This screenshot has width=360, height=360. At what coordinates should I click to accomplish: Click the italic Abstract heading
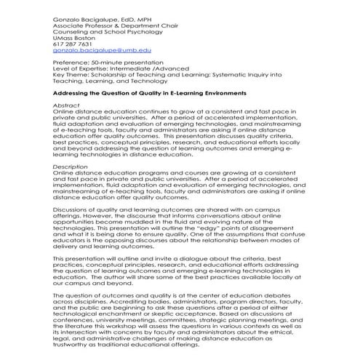pyautogui.click(x=66, y=105)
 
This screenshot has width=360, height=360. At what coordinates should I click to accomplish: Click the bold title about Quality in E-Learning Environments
pyautogui.click(x=149, y=94)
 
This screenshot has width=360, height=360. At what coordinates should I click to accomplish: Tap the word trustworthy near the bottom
pyautogui.click(x=79, y=346)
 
